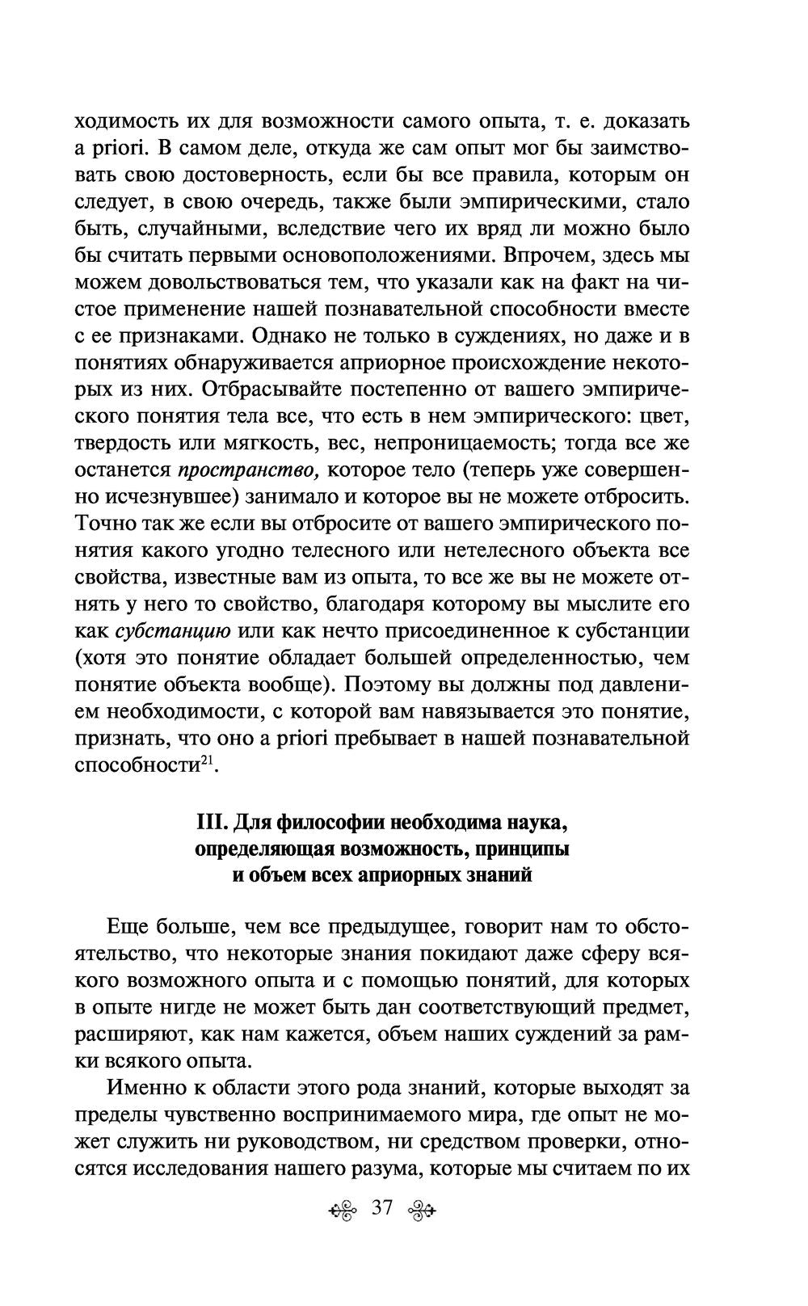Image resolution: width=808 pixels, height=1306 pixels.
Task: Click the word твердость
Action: click(120, 443)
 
